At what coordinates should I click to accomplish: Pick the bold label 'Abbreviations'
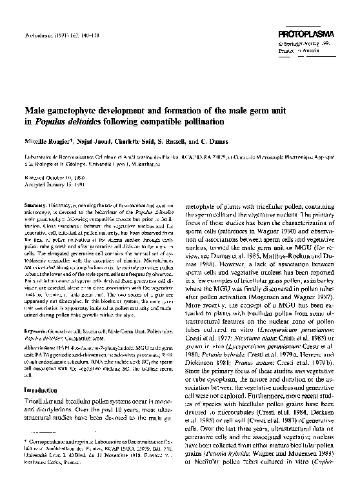pyautogui.click(x=42, y=346)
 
